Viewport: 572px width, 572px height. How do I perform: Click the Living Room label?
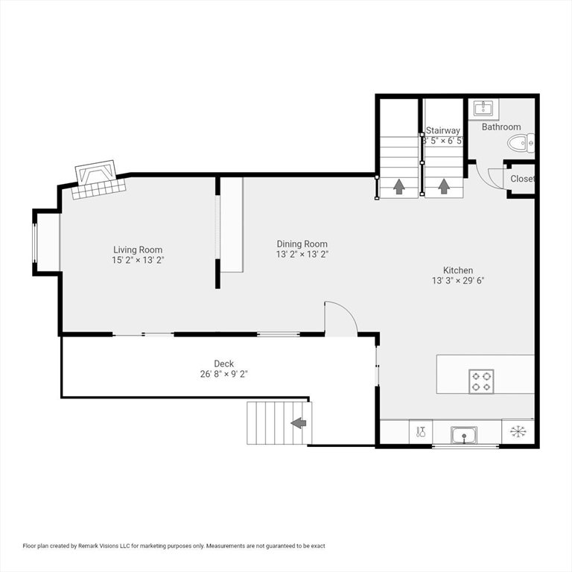[x=138, y=250]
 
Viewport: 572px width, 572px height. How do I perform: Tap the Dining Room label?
[x=302, y=244]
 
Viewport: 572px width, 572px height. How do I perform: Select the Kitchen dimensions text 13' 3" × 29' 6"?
[x=458, y=281]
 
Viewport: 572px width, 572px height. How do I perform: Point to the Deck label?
[x=224, y=363]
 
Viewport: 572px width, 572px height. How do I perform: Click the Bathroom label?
[x=501, y=127]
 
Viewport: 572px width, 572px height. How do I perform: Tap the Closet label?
[x=522, y=179]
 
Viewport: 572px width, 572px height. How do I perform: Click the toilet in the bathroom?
[x=521, y=143]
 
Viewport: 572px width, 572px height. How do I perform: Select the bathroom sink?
[x=483, y=108]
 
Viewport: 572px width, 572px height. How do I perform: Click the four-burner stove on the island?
[x=481, y=381]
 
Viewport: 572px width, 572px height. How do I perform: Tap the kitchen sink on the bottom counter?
[x=464, y=435]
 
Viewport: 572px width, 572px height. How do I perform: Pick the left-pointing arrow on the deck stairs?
[x=299, y=423]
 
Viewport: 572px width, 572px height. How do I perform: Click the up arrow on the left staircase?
[x=399, y=186]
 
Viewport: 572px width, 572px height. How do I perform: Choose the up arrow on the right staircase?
[x=444, y=186]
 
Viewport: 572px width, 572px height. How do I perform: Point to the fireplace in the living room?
[x=99, y=179]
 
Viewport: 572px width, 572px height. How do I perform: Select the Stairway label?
[x=443, y=130]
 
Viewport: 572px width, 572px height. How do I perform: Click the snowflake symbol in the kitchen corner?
[x=518, y=432]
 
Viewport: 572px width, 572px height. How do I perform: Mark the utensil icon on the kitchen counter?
[x=421, y=432]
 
